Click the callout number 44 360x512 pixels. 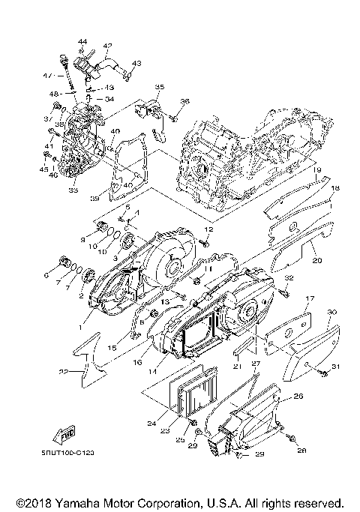[x=82, y=40]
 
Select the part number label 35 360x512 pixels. [x=159, y=88]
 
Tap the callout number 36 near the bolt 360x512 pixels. [x=184, y=101]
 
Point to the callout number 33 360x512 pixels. [x=73, y=191]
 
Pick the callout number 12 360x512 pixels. [x=210, y=229]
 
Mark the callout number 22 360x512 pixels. [x=64, y=372]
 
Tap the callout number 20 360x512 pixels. [x=316, y=261]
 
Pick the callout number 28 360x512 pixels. [x=302, y=449]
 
